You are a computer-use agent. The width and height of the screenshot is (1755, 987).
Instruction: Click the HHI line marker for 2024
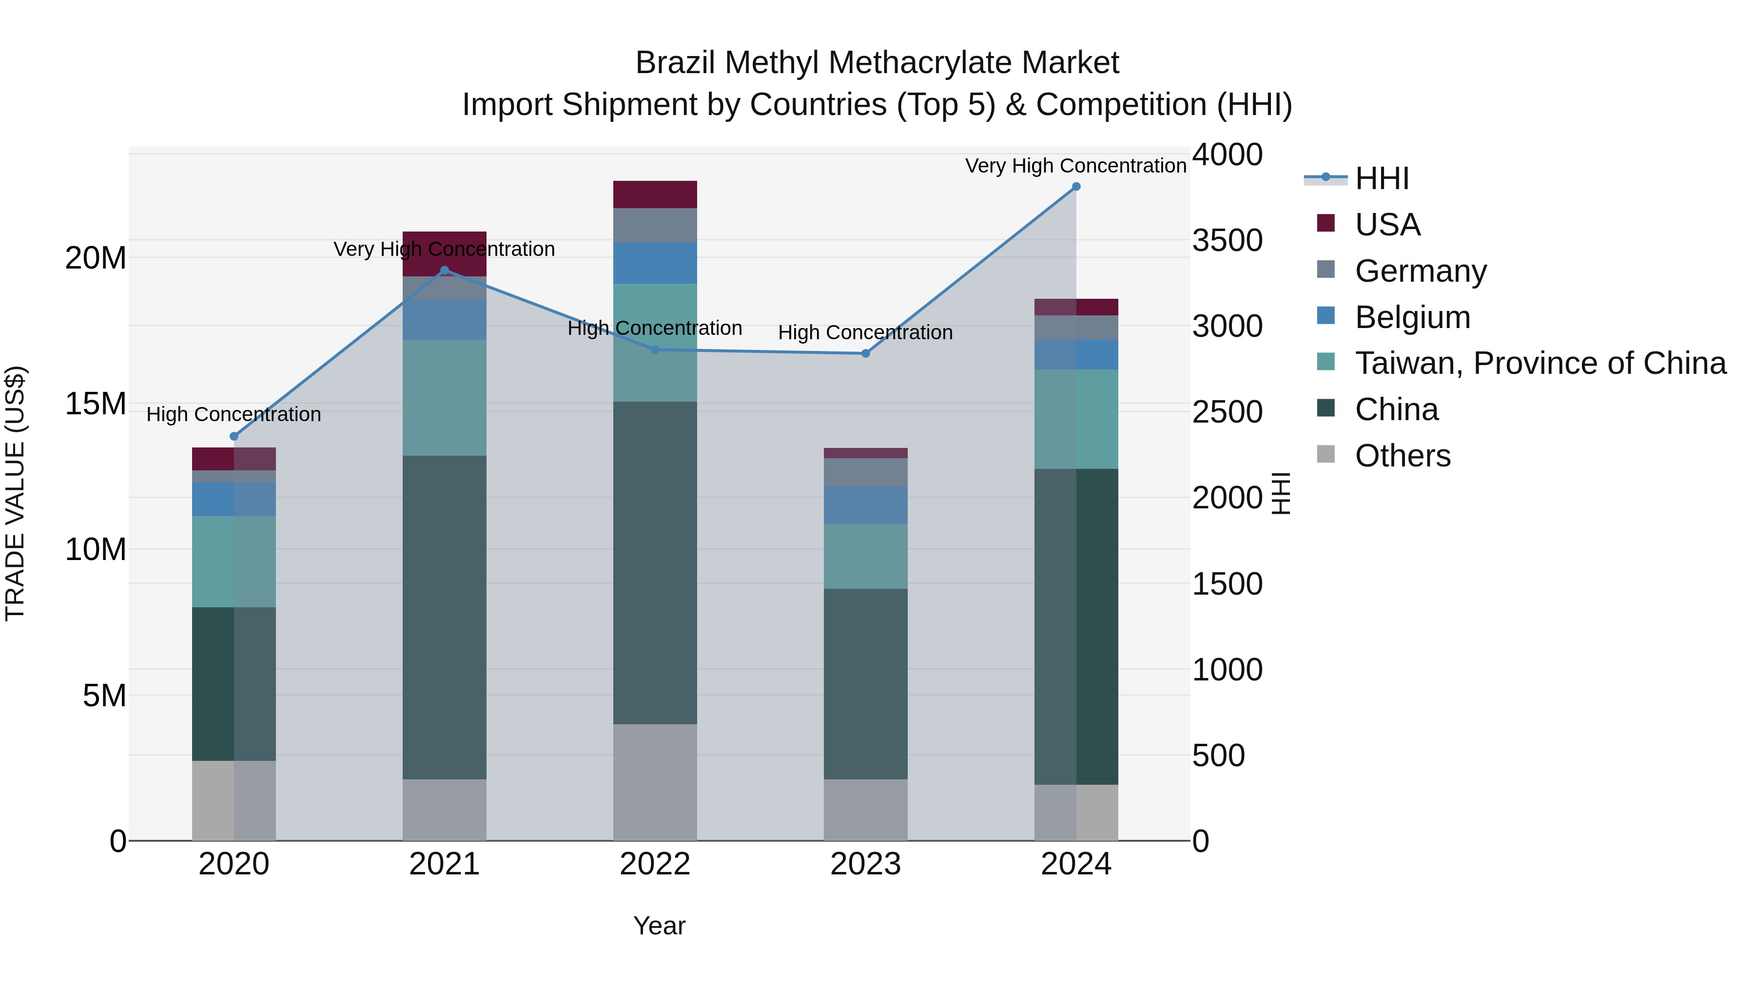(x=1076, y=187)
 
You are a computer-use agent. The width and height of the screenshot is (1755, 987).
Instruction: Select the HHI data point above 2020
(x=234, y=436)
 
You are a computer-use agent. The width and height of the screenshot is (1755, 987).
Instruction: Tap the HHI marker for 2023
(x=865, y=353)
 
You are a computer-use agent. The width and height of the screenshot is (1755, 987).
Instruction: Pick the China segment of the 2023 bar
(x=865, y=683)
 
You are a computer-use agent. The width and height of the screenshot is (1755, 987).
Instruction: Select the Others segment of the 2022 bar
(x=655, y=782)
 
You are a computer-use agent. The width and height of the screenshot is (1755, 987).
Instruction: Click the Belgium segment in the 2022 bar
(x=655, y=263)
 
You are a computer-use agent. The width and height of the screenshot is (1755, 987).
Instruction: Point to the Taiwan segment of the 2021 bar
(x=444, y=397)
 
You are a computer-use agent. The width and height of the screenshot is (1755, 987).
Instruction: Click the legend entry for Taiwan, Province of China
(x=1540, y=363)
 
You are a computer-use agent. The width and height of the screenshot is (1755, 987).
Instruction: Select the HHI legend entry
(x=1381, y=178)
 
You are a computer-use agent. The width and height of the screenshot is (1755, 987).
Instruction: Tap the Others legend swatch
(x=1326, y=454)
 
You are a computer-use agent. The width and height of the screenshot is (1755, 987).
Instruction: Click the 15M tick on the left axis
(x=96, y=404)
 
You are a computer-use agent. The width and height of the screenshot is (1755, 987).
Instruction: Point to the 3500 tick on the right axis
(x=1227, y=240)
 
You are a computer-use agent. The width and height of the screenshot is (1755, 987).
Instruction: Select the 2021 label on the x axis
(x=444, y=864)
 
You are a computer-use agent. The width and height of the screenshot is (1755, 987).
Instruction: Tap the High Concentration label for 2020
(x=234, y=414)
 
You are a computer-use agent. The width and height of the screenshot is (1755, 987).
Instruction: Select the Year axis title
(x=659, y=926)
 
